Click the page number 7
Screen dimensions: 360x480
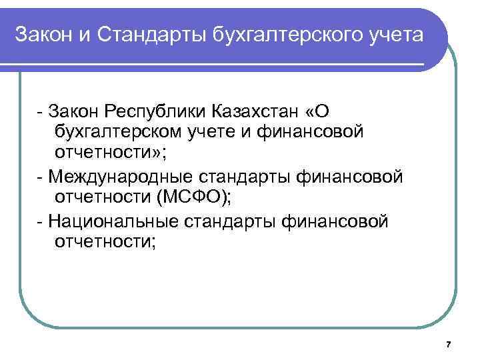[448, 344]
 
